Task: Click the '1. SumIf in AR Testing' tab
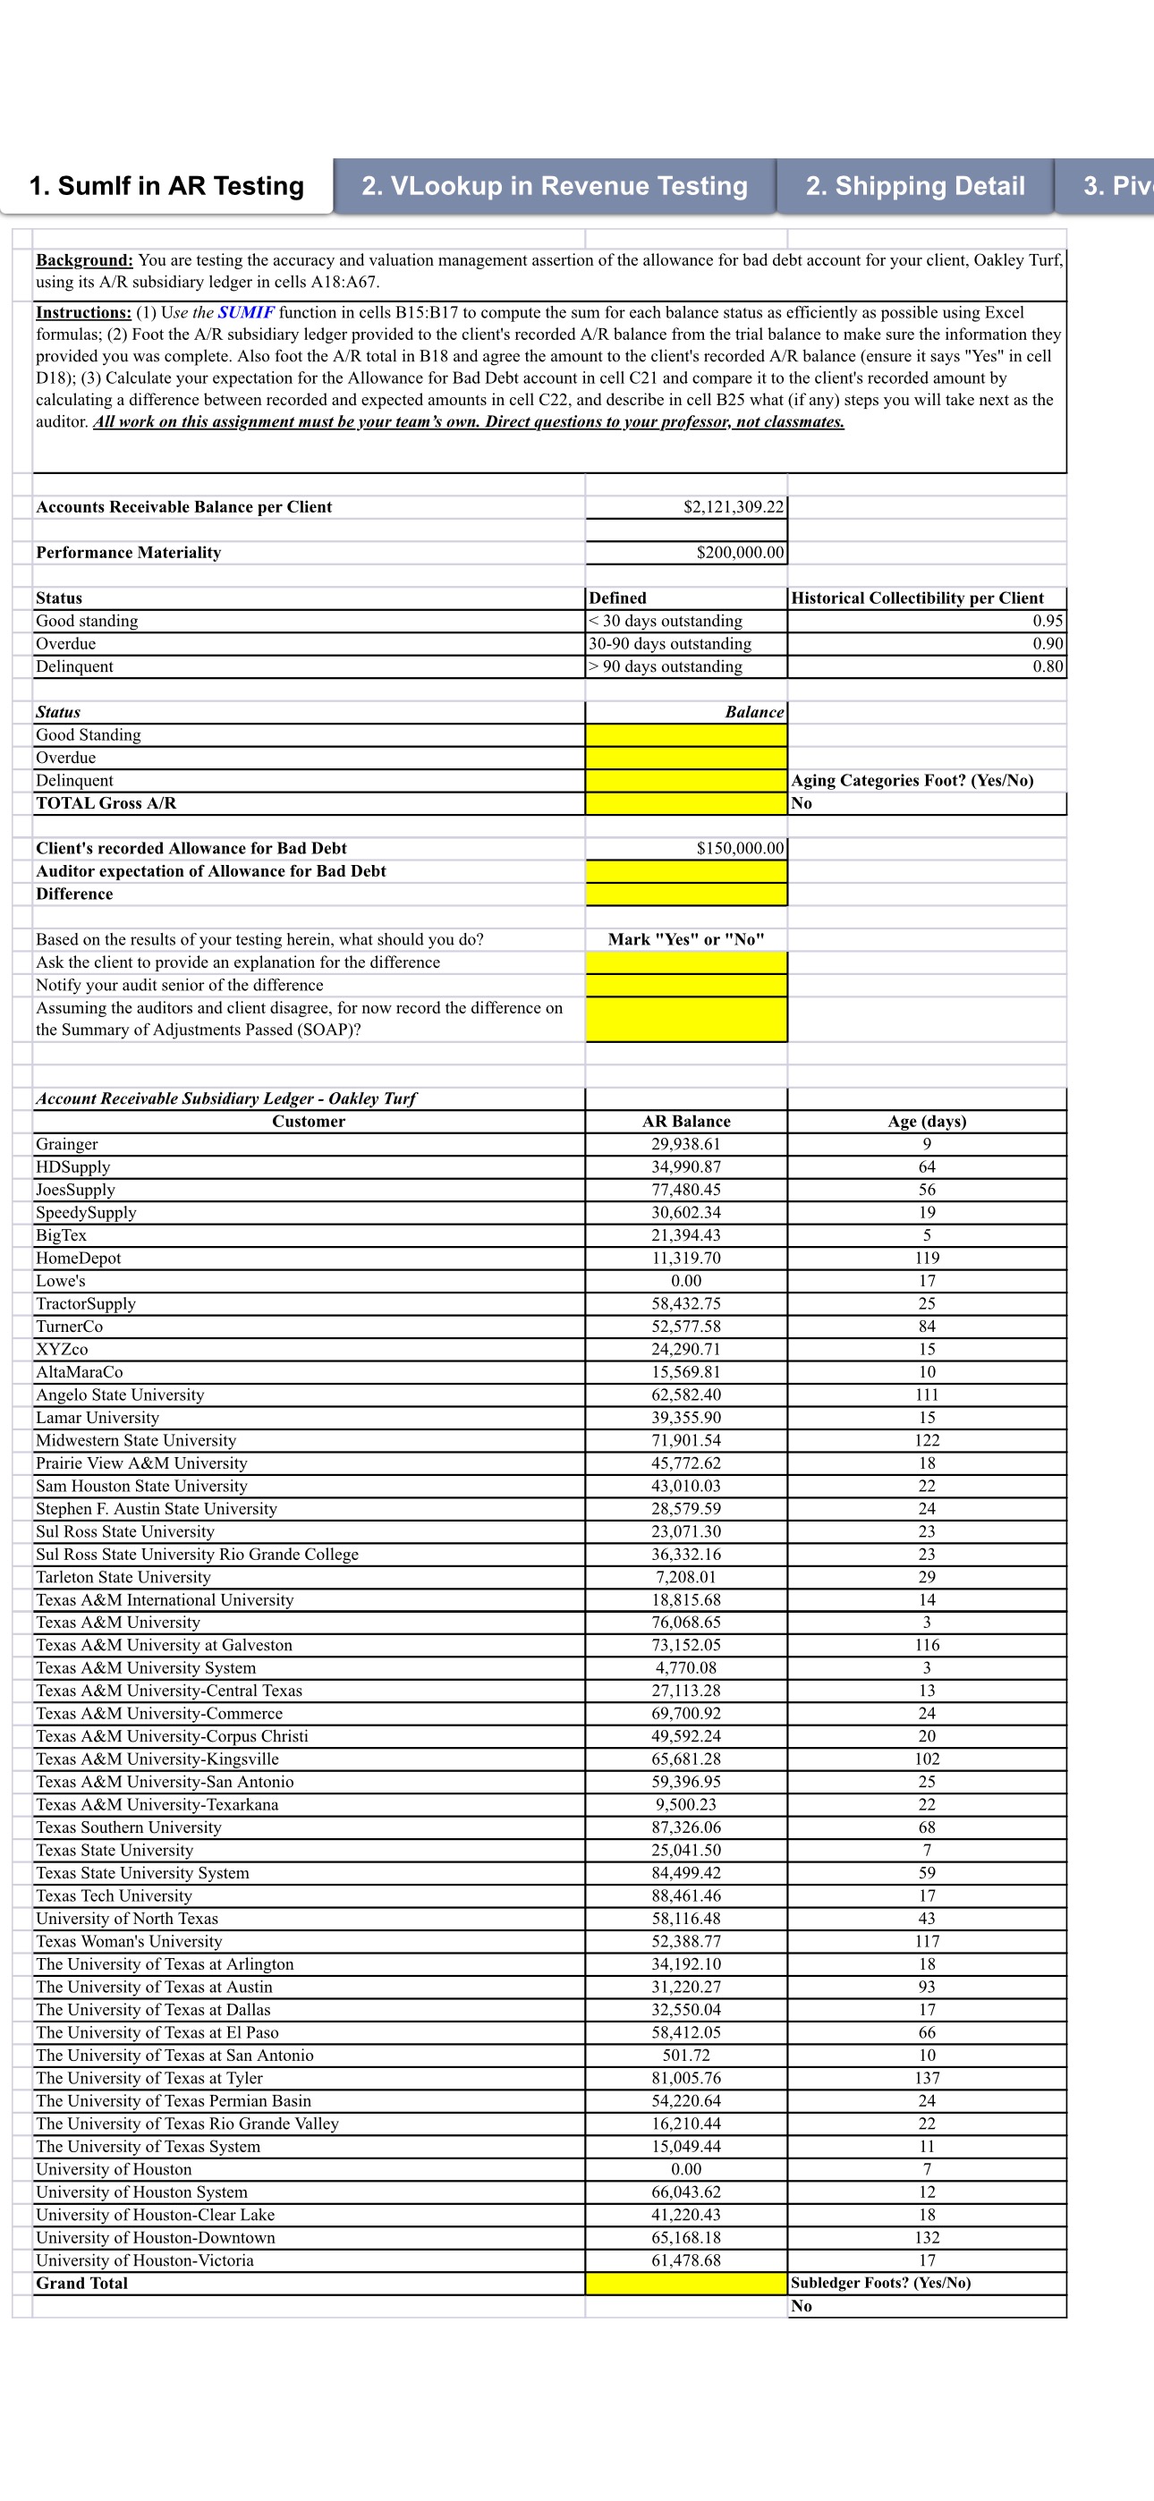point(166,185)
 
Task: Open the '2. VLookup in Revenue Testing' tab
point(554,185)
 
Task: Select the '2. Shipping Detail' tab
point(914,185)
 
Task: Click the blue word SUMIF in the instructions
point(246,313)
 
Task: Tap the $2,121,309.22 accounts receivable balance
point(734,507)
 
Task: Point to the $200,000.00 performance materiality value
point(739,553)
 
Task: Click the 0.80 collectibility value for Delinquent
point(1048,666)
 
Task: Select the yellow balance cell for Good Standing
point(686,735)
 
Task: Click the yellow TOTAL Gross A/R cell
point(686,803)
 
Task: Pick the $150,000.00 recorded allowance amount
point(739,848)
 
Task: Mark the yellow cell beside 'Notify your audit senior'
point(686,985)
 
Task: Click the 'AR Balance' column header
point(686,1122)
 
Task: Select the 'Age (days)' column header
point(927,1122)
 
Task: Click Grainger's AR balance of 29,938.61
point(686,1144)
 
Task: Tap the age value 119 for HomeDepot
point(927,1258)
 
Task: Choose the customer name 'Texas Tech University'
point(114,1895)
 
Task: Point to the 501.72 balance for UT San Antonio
point(686,2055)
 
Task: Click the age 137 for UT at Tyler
point(927,2078)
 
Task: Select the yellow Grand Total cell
point(686,2283)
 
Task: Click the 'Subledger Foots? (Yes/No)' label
point(880,2283)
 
